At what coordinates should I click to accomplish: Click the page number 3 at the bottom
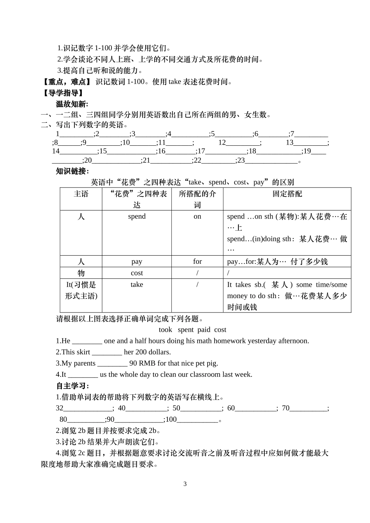[x=185, y=484]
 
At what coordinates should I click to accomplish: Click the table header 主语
[x=81, y=194]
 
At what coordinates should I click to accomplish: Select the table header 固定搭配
[x=287, y=194]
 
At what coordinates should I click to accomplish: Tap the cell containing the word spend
[x=137, y=216]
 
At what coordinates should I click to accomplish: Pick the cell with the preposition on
[x=197, y=216]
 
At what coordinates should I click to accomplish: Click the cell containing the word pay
[x=137, y=261]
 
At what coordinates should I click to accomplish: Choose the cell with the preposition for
[x=197, y=261]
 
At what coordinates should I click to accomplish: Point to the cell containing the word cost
[x=137, y=273]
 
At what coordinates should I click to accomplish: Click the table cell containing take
[x=137, y=284]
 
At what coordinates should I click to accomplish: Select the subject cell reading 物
[x=81, y=273]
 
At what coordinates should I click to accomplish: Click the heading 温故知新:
[x=72, y=104]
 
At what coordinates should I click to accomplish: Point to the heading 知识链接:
[x=72, y=171]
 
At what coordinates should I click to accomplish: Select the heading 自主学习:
[x=72, y=386]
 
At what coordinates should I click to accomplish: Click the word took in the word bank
[x=166, y=330]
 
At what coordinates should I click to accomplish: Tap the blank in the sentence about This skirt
[x=107, y=352]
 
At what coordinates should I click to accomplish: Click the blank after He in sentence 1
[x=87, y=341]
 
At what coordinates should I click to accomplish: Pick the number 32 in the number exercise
[x=60, y=408]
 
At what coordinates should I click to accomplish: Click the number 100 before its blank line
[x=171, y=420]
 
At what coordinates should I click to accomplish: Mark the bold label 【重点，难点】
[x=67, y=82]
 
